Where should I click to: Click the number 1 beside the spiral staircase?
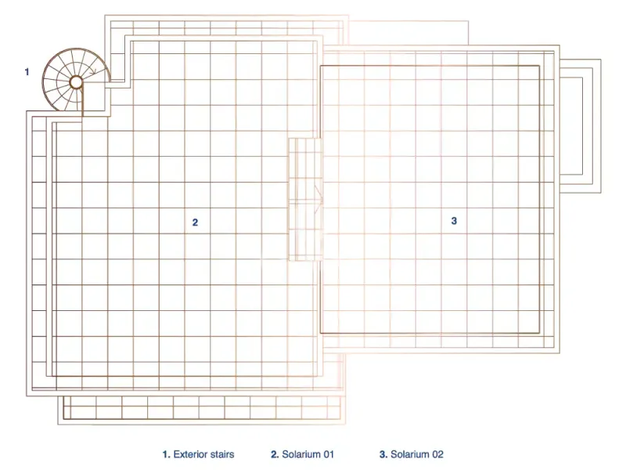[x=27, y=72]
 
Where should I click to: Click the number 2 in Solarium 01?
[x=195, y=222]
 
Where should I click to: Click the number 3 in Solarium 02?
[x=454, y=221]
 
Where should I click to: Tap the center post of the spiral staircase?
[x=76, y=83]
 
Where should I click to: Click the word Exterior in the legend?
[x=190, y=454]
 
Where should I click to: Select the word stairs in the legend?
[x=221, y=454]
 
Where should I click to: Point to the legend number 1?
[x=166, y=454]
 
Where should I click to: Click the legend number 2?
[x=275, y=454]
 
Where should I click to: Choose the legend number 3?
[x=383, y=454]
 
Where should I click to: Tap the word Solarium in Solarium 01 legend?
[x=301, y=454]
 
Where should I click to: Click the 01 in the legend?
[x=329, y=454]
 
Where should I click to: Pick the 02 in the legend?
[x=437, y=454]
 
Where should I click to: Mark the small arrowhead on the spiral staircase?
[x=93, y=72]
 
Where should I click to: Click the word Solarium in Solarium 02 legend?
[x=410, y=454]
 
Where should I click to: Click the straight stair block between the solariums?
[x=305, y=200]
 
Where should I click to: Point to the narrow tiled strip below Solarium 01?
[x=202, y=410]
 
